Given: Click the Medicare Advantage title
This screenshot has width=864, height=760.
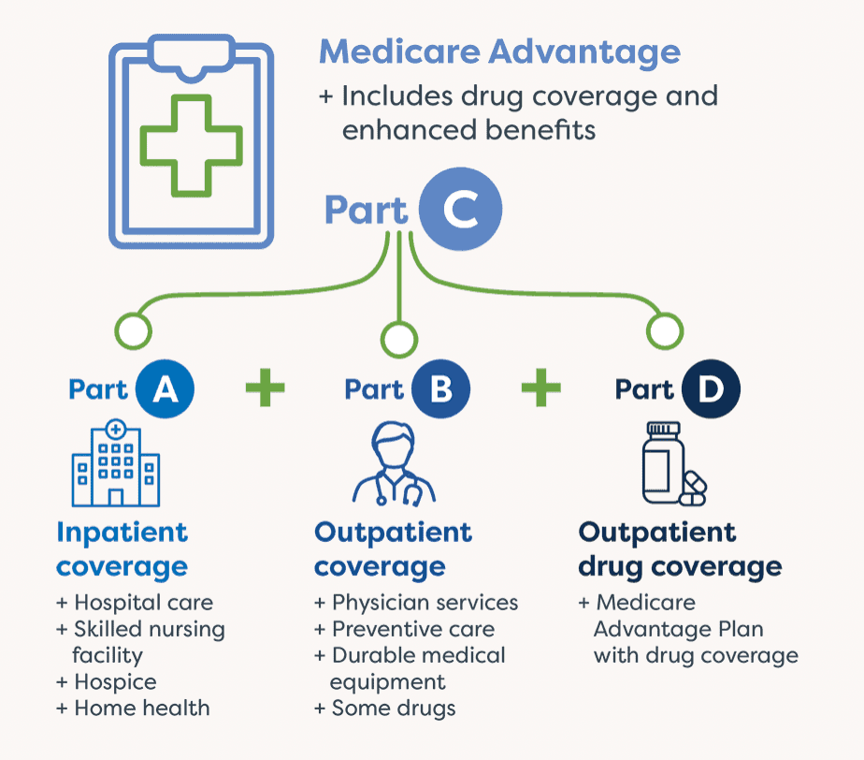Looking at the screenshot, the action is tap(499, 53).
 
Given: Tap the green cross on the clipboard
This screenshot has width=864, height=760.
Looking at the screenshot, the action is tap(191, 146).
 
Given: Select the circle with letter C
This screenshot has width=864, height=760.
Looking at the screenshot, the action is tap(460, 209).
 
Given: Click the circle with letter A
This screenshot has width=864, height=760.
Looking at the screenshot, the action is tap(165, 388).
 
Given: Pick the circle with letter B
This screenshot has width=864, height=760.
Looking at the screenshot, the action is tap(440, 388).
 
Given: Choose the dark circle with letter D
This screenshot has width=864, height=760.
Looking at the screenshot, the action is tap(711, 388).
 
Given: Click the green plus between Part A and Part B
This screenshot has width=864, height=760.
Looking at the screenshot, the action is tap(265, 387).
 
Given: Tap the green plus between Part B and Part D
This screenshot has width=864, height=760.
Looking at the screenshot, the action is tap(541, 387).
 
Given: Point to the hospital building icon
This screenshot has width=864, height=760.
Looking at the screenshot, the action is tap(116, 462).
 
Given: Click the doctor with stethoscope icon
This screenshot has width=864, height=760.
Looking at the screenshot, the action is tap(394, 464).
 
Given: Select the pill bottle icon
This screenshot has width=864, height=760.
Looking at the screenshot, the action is tap(674, 464).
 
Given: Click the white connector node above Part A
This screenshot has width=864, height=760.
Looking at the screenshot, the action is tap(134, 331).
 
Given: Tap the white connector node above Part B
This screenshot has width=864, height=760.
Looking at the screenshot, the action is tap(399, 339).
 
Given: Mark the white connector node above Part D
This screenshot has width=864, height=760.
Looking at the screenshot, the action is tap(665, 331).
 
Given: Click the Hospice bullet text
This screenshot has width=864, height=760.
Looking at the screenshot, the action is tap(107, 683).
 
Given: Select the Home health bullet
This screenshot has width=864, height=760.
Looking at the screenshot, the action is tap(134, 709).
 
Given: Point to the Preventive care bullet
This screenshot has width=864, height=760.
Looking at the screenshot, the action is tap(405, 629).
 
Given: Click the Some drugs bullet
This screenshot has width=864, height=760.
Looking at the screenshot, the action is tap(385, 709).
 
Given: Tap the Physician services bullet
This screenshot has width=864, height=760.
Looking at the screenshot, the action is tap(416, 604).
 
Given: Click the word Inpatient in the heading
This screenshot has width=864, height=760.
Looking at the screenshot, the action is tap(122, 533).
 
